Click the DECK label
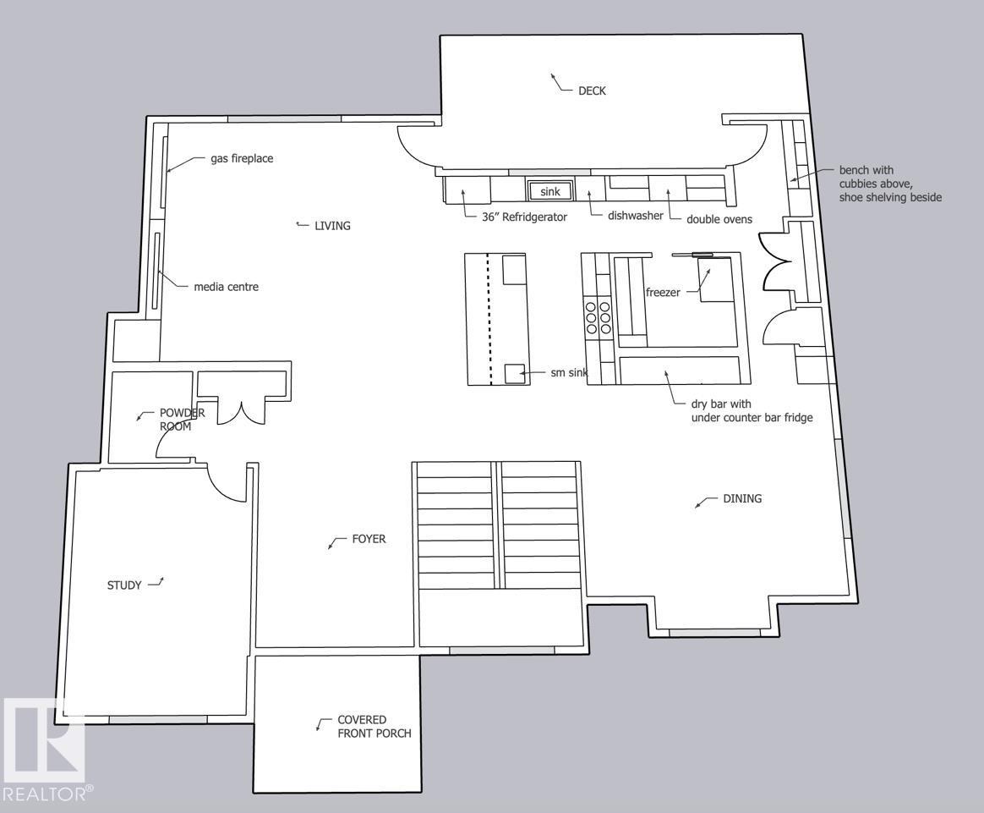point(592,91)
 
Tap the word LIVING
point(332,226)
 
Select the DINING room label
point(741,498)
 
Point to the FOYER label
point(369,539)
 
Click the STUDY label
point(124,585)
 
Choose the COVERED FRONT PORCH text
point(374,727)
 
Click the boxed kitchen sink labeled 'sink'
point(550,191)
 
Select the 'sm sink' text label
point(569,373)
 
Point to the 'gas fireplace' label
point(242,158)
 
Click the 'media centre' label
point(226,287)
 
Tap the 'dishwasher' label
point(635,216)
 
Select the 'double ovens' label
point(719,219)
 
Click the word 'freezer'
point(663,293)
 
